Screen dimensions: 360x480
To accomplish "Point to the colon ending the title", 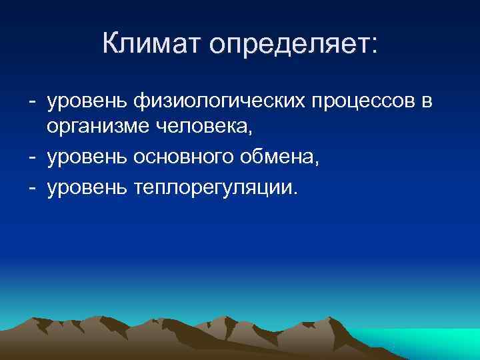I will click(x=373, y=47).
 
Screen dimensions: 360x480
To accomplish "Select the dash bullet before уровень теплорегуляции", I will click(x=32, y=188).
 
